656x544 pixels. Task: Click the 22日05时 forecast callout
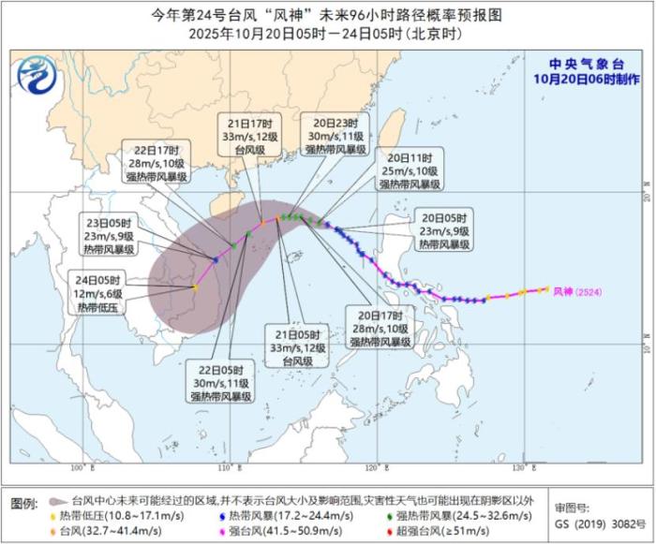pos(216,381)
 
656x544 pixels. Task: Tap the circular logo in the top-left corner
pos(37,72)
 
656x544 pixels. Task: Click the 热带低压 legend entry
pos(105,515)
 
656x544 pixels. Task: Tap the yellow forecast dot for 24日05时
pos(194,287)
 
